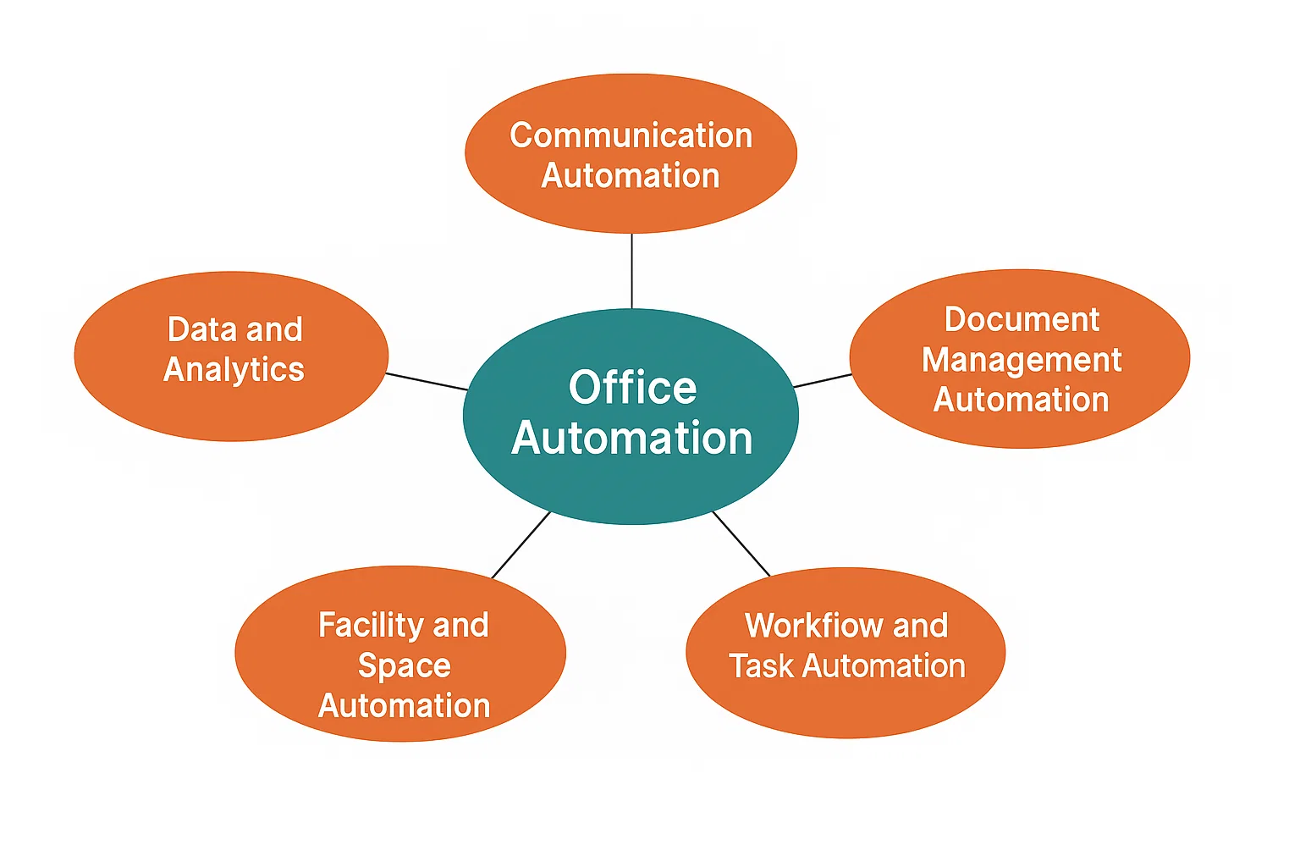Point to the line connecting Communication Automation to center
pyautogui.click(x=631, y=271)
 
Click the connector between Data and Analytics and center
pyautogui.click(x=427, y=381)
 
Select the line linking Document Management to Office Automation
pyautogui.click(x=822, y=380)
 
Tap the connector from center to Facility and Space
pyautogui.click(x=521, y=545)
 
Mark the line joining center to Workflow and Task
pyautogui.click(x=741, y=544)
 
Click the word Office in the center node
pyautogui.click(x=632, y=388)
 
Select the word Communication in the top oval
pyautogui.click(x=631, y=135)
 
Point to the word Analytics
pyautogui.click(x=234, y=369)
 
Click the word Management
pyautogui.click(x=1022, y=360)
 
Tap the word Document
pyautogui.click(x=1022, y=319)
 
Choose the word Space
pyautogui.click(x=404, y=665)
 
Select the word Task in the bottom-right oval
pyautogui.click(x=762, y=666)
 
